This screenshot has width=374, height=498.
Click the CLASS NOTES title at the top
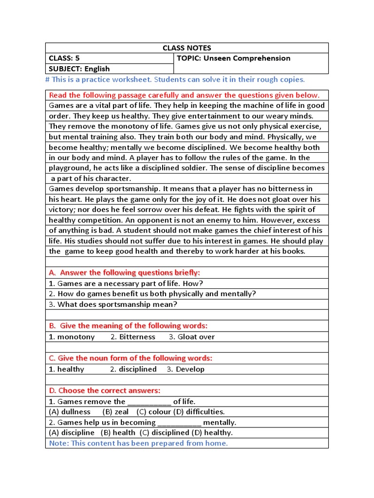pos(187,48)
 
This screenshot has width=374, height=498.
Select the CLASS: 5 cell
pos(64,58)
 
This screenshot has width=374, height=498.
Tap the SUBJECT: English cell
pos(79,69)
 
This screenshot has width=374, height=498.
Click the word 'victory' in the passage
pos(61,210)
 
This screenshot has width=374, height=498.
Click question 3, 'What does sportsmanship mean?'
pos(113,304)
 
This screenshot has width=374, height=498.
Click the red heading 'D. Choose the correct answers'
pos(104,391)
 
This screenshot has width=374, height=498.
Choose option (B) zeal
pos(115,411)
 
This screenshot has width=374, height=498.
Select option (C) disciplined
pos(165,432)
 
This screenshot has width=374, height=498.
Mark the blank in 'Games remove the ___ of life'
pos(149,402)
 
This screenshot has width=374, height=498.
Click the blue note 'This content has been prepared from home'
pos(138,443)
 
